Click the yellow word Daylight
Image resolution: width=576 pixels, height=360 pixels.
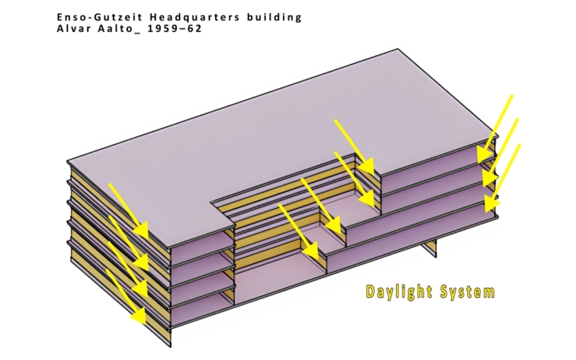pyautogui.click(x=401, y=293)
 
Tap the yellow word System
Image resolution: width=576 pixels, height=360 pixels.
pyautogui.click(x=468, y=293)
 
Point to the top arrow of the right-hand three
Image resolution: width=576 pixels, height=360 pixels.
pyautogui.click(x=499, y=123)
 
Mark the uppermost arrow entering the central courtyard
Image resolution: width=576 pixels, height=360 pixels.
pyautogui.click(x=354, y=146)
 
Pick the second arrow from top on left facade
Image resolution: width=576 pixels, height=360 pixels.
pyautogui.click(x=129, y=242)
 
